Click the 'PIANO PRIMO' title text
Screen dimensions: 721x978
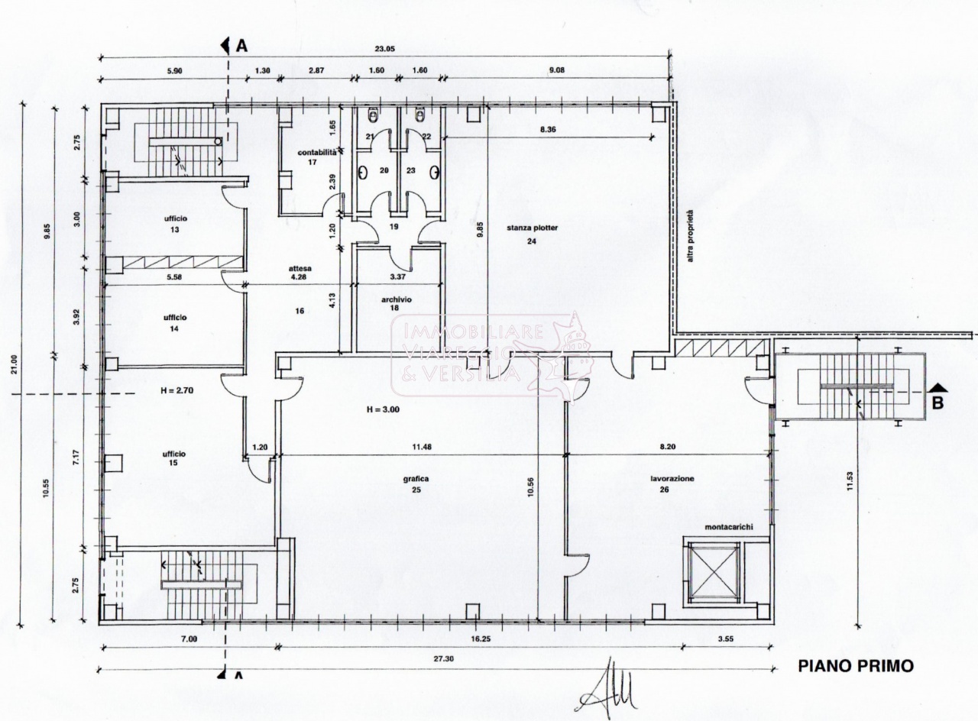(855, 666)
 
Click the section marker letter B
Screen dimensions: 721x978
(937, 403)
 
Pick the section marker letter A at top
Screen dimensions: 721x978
(241, 46)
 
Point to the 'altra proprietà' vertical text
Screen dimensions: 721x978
(690, 236)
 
